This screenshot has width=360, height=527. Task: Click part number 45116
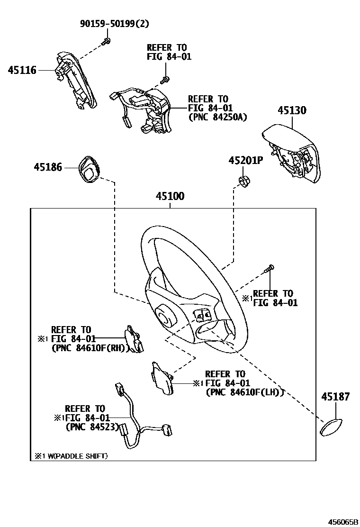[x=22, y=71]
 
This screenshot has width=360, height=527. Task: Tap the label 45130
[x=292, y=110]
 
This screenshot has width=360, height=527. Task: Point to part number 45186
[x=48, y=167]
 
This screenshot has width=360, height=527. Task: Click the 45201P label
[x=245, y=161]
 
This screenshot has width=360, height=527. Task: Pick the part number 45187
[x=336, y=397]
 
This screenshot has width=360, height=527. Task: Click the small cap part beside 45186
[x=89, y=168]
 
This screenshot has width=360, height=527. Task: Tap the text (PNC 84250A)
[x=217, y=117]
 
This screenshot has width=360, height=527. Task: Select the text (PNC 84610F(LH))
[x=244, y=392]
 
